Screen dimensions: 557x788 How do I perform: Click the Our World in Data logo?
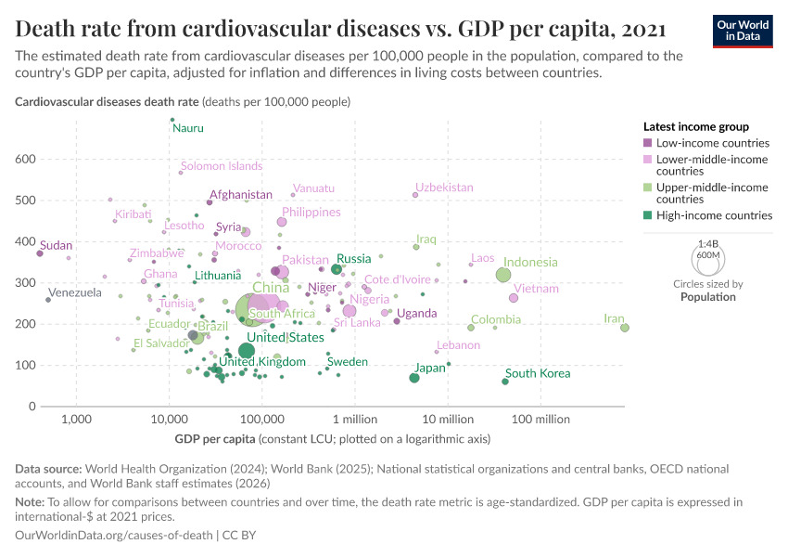(742, 30)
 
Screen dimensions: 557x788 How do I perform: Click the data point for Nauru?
(172, 120)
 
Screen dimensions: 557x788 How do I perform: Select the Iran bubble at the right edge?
(625, 327)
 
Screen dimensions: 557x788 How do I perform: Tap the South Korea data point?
(505, 382)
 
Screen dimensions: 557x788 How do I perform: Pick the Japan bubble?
(414, 378)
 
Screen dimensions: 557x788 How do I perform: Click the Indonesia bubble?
(503, 275)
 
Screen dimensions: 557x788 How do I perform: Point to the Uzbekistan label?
(444, 188)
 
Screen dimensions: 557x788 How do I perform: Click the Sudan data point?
(40, 253)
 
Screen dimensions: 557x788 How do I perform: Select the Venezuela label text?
(75, 293)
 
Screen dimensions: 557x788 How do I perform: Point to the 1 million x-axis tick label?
(355, 420)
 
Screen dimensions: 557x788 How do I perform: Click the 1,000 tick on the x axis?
(76, 420)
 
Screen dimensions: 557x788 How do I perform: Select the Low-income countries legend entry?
(712, 143)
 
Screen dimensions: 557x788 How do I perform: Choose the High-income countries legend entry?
(714, 215)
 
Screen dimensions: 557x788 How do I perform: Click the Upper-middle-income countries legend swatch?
(648, 188)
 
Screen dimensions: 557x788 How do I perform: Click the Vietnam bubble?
(514, 298)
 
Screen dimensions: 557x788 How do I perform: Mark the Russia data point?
(337, 269)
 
